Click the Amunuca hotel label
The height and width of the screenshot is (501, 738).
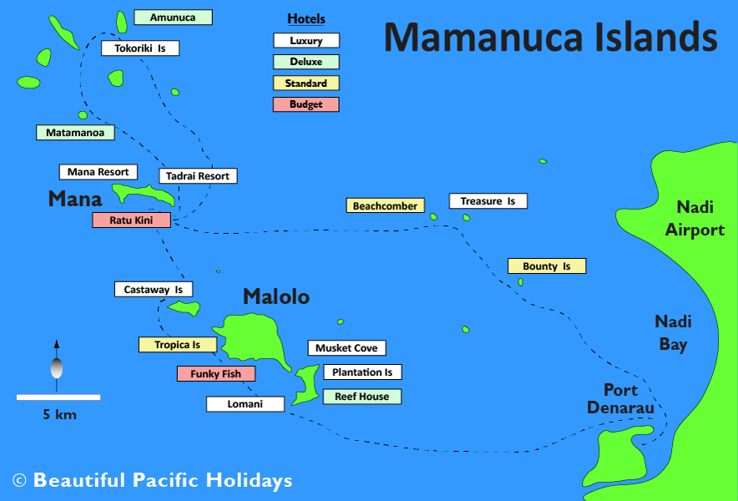click(173, 18)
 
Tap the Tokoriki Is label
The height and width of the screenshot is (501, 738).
click(140, 48)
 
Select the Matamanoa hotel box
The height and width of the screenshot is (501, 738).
click(75, 132)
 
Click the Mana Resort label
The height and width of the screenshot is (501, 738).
click(98, 172)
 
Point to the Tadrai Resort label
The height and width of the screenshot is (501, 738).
click(198, 176)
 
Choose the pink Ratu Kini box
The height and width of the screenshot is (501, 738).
click(131, 220)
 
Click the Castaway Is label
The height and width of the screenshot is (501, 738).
click(154, 290)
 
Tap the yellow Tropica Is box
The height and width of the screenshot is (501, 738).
click(177, 345)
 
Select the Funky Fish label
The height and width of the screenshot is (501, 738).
click(215, 374)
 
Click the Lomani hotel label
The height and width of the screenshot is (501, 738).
click(245, 404)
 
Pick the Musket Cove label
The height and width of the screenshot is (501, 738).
click(346, 348)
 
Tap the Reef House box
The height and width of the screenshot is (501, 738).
click(361, 397)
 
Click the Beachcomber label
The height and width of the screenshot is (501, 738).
click(385, 205)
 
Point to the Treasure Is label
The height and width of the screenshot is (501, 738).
click(488, 201)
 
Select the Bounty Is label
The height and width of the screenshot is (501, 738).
click(547, 266)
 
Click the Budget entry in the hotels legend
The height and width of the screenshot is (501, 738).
click(306, 104)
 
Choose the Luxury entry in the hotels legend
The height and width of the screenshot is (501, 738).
click(306, 40)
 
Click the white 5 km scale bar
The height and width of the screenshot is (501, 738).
click(58, 397)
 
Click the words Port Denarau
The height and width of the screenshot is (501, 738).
click(620, 399)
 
